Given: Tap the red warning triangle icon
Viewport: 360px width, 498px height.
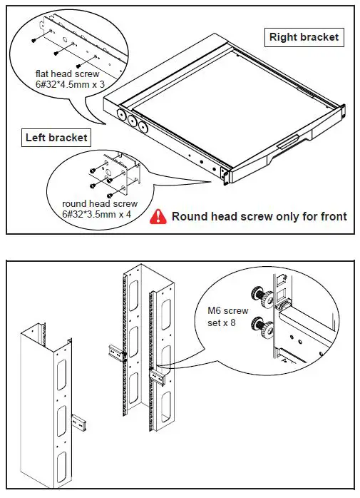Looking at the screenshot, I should (x=158, y=216).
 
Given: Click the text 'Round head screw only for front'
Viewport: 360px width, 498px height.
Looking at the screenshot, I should (x=259, y=216).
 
